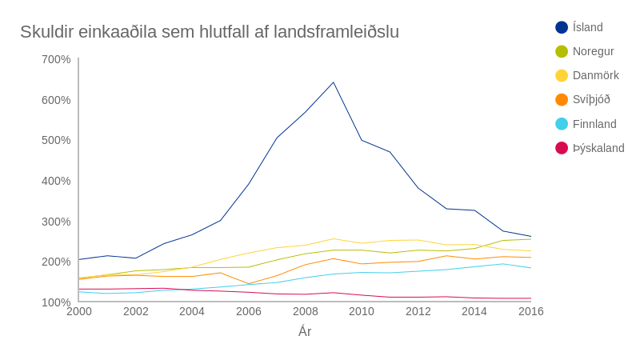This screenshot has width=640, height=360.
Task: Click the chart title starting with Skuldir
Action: (210, 32)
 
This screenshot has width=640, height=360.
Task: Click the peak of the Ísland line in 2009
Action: (334, 82)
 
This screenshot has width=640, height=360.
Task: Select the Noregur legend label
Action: (593, 51)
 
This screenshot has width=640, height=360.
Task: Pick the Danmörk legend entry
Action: (595, 75)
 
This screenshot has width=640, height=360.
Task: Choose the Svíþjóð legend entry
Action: (591, 99)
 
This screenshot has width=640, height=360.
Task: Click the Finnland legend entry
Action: (594, 124)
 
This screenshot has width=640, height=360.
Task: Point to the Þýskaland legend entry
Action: (598, 148)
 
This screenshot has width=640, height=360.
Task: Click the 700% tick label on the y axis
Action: (56, 59)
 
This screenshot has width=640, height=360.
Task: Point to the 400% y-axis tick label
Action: (56, 181)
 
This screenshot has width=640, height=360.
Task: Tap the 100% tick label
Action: (56, 302)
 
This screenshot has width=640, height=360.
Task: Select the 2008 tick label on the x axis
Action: (305, 311)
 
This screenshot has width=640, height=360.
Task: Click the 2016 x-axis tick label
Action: (530, 311)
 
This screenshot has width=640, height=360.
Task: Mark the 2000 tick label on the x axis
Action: (79, 311)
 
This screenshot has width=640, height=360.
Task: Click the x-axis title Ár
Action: (305, 331)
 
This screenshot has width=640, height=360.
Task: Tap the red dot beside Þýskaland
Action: (562, 148)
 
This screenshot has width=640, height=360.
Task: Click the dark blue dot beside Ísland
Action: (562, 27)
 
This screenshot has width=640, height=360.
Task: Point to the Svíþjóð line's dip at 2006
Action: (249, 284)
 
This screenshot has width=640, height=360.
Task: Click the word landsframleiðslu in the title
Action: (336, 32)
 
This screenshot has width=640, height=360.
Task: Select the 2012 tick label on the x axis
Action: (418, 311)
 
